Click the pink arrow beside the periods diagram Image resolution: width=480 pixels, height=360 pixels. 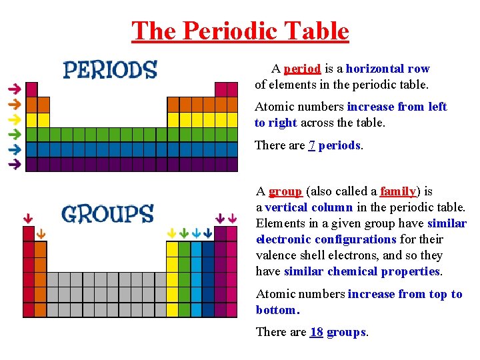pos(13,89)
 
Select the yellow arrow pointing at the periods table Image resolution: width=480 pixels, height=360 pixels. pos(13,119)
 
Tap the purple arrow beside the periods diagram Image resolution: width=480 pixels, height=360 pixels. pos(13,163)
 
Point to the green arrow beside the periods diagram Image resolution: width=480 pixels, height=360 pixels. pos(13,134)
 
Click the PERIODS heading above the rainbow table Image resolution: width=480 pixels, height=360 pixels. pos(110,70)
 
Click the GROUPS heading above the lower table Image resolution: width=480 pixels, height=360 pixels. pos(107,214)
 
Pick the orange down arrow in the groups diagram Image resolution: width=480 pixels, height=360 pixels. pos(41,233)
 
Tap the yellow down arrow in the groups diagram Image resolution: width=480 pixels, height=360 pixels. pos(171,233)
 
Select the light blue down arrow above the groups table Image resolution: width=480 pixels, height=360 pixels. pos(195,233)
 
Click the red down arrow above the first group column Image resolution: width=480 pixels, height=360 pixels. pos(28,218)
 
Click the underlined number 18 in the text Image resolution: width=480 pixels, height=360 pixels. pos(317,332)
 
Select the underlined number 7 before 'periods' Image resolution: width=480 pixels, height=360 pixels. pos(311,145)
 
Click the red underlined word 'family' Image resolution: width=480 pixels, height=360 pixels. pos(398,191)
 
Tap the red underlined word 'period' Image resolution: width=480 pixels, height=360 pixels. pos(303,69)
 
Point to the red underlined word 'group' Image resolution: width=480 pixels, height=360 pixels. pos(285,191)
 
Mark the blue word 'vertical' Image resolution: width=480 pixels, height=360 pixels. pos(289,207)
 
